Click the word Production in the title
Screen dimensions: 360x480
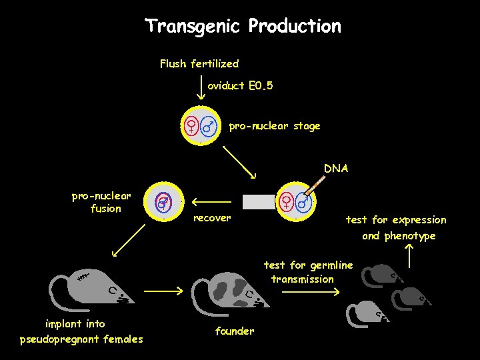tap(294, 27)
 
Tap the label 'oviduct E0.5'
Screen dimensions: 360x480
tap(240, 86)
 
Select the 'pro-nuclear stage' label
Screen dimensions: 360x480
tap(274, 125)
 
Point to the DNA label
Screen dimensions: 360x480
tap(336, 169)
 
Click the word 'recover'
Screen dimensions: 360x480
tap(211, 218)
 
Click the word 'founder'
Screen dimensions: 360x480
tap(234, 331)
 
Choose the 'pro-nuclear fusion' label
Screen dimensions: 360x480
tap(101, 202)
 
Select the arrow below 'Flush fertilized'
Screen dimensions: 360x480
tap(202, 87)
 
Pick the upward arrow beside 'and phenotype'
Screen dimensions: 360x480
tap(409, 255)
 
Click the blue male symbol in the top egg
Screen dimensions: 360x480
tap(210, 125)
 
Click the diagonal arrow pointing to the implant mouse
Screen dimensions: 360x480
tap(129, 241)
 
